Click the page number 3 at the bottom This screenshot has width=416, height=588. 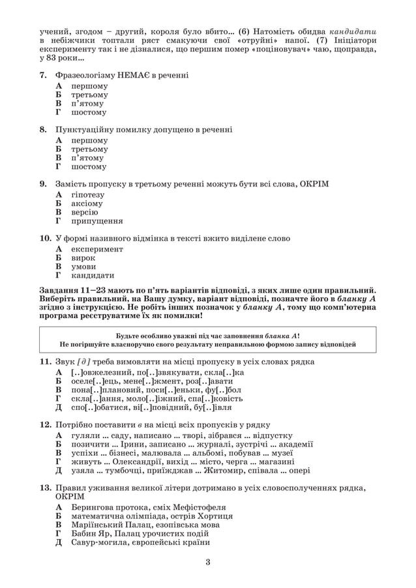tap(207, 562)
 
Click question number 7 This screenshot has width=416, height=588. tap(42, 76)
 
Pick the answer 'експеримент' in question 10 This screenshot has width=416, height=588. tap(97, 249)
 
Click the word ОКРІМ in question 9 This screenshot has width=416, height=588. tap(314, 184)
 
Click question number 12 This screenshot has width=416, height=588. tap(44, 424)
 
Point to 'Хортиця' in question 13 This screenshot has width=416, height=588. tap(214, 516)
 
